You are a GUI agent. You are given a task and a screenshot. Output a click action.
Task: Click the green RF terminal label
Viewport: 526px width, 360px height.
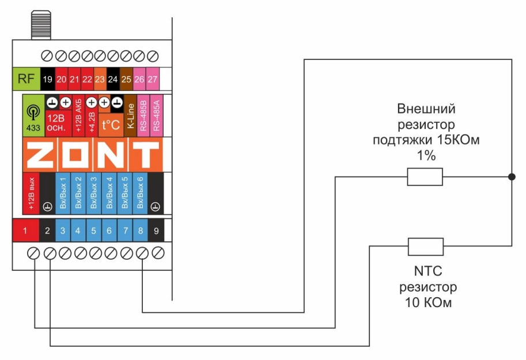[26, 79]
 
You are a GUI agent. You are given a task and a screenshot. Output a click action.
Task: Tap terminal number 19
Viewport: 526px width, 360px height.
[48, 79]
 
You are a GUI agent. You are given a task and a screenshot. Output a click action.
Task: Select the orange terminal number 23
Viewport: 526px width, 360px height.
[100, 79]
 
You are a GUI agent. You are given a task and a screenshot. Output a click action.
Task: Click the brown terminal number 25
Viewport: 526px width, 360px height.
[126, 79]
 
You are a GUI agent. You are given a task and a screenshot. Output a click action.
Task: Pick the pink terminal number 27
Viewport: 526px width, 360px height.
[153, 79]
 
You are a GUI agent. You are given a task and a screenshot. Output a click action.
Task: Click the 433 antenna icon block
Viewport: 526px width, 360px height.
[33, 115]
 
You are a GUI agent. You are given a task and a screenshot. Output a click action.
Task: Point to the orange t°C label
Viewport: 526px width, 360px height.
[111, 125]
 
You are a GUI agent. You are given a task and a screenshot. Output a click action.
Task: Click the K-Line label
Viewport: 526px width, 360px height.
[131, 115]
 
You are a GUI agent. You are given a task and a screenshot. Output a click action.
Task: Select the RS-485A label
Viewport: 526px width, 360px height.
[156, 115]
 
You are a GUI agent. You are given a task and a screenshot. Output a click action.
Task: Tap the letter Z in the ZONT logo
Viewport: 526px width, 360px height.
[41, 155]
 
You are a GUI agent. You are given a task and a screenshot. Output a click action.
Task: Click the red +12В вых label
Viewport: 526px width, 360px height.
[31, 194]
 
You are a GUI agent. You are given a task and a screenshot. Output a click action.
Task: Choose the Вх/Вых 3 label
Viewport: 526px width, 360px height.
[93, 194]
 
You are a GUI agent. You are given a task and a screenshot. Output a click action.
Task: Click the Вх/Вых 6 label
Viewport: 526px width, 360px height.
[140, 194]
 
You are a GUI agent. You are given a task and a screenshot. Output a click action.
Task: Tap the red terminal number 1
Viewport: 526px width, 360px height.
[25, 230]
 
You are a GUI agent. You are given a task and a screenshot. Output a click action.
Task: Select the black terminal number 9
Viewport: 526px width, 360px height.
[156, 230]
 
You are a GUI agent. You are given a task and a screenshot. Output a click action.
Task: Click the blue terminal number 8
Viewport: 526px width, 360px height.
[141, 230]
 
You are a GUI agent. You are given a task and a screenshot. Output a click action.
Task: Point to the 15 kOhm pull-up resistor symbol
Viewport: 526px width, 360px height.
[425, 177]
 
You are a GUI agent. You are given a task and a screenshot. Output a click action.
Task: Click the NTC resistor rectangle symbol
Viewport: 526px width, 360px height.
[426, 247]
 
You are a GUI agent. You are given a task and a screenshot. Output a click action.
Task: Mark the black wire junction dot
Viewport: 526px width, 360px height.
[512, 177]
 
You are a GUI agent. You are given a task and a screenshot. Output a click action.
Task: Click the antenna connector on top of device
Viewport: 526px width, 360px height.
[41, 25]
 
